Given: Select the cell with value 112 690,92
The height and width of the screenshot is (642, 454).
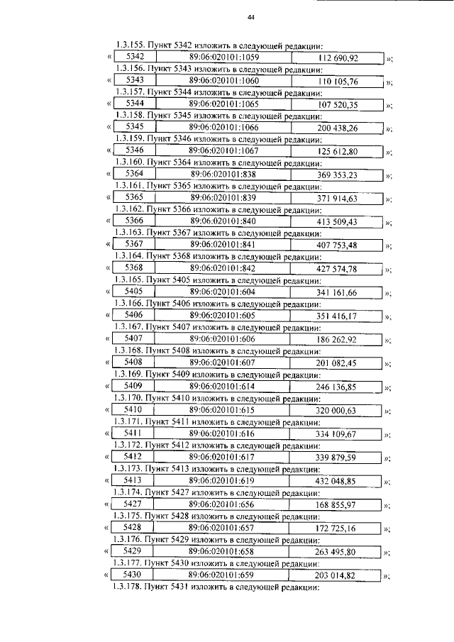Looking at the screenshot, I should coord(338,57).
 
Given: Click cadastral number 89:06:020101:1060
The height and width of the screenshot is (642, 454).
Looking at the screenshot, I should coord(224,81).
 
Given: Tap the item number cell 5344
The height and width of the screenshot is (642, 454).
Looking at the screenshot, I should coord(134,104).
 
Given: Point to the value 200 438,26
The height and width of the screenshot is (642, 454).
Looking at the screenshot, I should coord(338,128).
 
